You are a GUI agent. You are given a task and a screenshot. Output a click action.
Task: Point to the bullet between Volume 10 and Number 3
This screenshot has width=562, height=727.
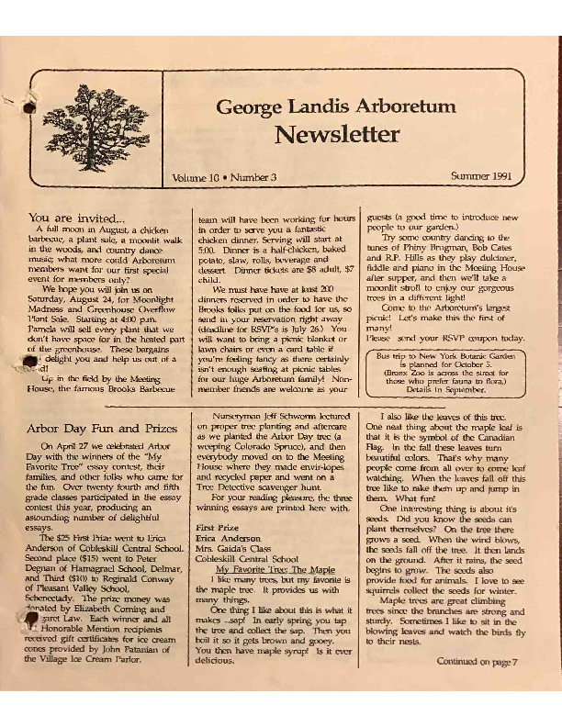point(227,176)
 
